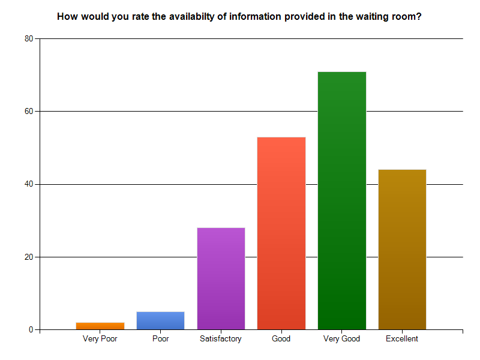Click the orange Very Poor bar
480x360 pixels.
click(100, 326)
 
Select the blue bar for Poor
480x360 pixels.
click(160, 320)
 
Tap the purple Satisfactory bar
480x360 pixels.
click(221, 278)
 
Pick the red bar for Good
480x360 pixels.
click(281, 233)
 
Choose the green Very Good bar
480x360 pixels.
click(341, 200)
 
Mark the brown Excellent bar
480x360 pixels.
click(402, 250)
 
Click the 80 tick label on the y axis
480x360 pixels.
click(28, 38)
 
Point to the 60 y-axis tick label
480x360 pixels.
click(28, 112)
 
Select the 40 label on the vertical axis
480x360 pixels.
click(28, 184)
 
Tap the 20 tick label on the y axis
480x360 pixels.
click(28, 257)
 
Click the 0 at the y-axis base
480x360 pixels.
click(31, 330)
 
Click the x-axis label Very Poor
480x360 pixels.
click(100, 339)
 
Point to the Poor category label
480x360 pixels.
click(160, 339)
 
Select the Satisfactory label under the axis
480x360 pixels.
click(221, 339)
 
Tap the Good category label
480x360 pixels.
click(281, 339)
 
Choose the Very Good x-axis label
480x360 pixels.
click(341, 339)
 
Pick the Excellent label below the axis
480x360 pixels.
click(402, 339)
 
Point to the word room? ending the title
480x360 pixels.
click(407, 17)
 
